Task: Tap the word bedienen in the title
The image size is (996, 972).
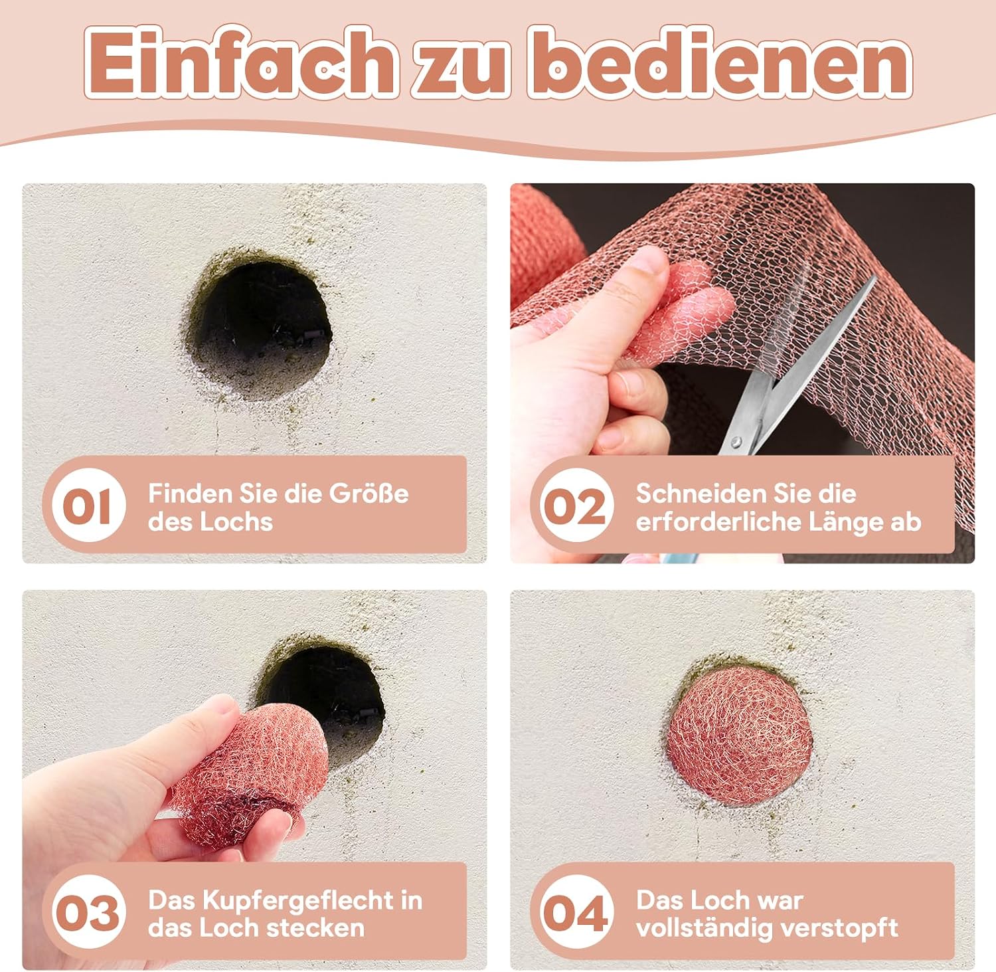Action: click(720, 63)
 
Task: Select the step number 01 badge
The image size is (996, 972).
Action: click(88, 506)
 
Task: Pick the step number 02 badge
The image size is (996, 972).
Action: click(576, 506)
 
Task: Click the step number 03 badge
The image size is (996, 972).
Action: click(88, 913)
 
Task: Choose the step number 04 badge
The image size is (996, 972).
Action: click(576, 913)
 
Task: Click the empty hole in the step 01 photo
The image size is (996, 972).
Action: click(260, 327)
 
